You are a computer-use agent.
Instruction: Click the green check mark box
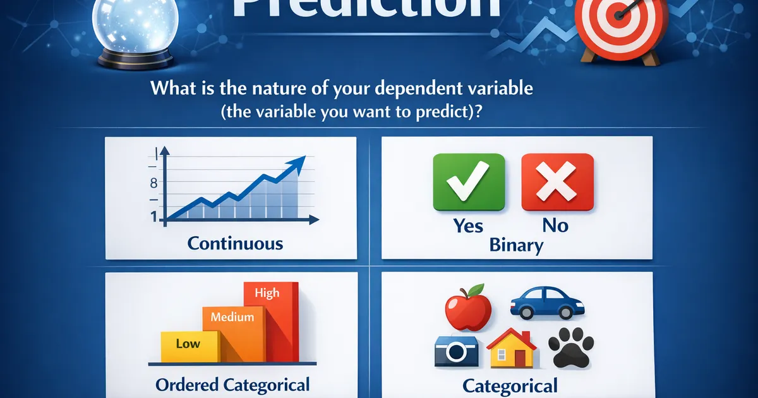tap(469, 182)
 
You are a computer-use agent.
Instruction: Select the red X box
tap(557, 182)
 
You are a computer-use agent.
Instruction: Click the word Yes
tap(468, 225)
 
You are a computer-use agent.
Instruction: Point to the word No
tap(555, 225)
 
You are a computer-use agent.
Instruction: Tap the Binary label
tap(516, 245)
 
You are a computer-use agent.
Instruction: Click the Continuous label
tap(235, 243)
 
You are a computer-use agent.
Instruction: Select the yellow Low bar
tap(188, 345)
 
